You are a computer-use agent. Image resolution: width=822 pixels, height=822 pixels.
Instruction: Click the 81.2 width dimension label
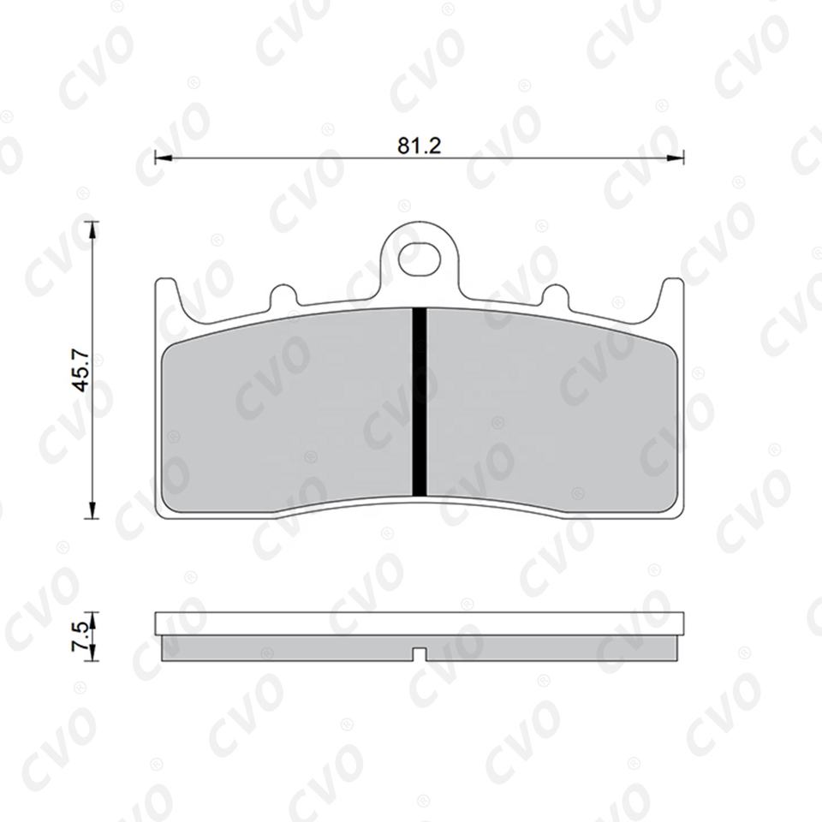(x=420, y=146)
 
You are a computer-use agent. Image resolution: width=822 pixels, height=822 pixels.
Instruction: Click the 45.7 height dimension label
(x=82, y=371)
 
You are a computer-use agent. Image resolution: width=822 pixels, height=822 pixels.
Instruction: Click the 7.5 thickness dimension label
(x=80, y=636)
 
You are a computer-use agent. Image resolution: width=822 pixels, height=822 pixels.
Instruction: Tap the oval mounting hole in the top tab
(x=420, y=258)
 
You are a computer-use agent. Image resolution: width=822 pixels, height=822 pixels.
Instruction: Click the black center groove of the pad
(x=420, y=402)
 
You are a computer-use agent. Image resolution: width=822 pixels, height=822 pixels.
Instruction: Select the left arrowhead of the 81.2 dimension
(x=164, y=157)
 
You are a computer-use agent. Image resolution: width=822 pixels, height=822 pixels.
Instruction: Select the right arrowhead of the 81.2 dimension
(x=676, y=157)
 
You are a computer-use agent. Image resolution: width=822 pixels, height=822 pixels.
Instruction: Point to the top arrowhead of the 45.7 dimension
(x=92, y=230)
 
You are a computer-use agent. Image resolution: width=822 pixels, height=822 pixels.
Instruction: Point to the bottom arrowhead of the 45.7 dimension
(x=92, y=510)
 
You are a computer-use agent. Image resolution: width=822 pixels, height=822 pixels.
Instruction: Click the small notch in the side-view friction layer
(x=420, y=654)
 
